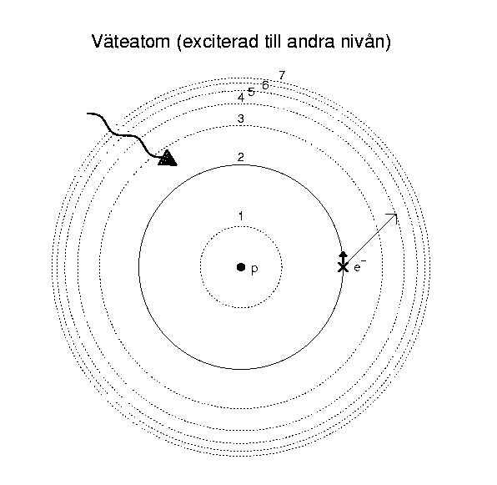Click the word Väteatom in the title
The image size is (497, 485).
coord(131,41)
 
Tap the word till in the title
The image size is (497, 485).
coord(273,41)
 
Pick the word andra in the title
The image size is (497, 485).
coord(310,41)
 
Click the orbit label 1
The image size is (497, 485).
coord(241,216)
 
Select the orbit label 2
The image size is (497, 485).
coord(241,157)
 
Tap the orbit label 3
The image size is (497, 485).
coord(241,119)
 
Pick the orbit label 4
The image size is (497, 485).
coord(241,98)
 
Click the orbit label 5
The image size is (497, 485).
coord(251,92)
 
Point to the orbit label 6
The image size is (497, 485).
coord(265,85)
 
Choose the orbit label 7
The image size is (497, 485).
coord(282,75)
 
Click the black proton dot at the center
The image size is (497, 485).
coord(241,267)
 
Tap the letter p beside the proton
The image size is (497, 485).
coord(254,270)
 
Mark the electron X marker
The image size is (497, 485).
coord(343,267)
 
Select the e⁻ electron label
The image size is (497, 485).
coord(359,266)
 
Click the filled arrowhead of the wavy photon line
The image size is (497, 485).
coord(168,158)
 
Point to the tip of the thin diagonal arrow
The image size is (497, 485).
coord(397,214)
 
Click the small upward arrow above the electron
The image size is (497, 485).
coord(343,257)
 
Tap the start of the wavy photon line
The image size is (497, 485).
coord(88,114)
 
